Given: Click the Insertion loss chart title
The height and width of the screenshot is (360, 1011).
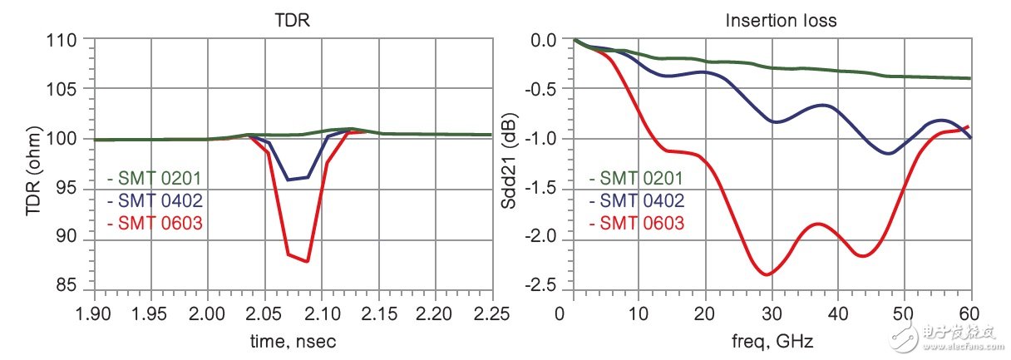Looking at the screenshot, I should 772,19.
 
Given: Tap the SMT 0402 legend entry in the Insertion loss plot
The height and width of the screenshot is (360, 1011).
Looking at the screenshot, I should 635,200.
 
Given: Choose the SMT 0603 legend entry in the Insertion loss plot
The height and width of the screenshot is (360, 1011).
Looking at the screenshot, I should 635,223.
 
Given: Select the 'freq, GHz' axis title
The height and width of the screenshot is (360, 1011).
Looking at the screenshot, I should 772,340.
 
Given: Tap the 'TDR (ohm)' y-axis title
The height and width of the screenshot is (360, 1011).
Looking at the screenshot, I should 33,163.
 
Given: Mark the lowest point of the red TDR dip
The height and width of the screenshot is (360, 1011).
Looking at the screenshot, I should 308,262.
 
